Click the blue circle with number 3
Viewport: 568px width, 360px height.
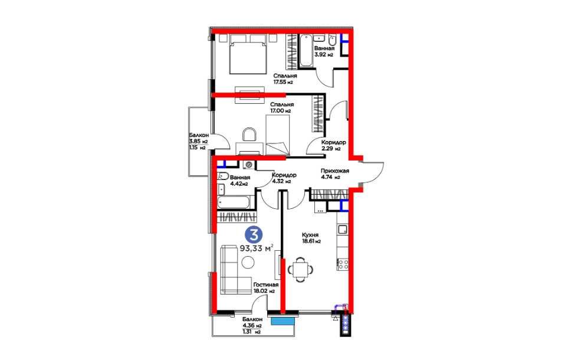(x=254, y=234)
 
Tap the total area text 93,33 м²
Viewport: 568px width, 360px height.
(x=257, y=248)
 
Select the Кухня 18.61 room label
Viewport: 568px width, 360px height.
(x=311, y=237)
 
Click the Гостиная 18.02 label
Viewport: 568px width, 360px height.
(x=265, y=287)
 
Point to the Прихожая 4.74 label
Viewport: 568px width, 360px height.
(x=334, y=174)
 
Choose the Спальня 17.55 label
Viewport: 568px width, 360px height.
(x=285, y=78)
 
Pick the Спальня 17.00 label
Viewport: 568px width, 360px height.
(x=282, y=107)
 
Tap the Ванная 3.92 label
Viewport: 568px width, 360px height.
(x=324, y=51)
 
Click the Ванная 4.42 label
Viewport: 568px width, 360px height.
(x=239, y=181)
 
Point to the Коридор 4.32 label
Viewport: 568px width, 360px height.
(x=284, y=178)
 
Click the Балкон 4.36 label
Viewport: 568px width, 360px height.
(x=252, y=325)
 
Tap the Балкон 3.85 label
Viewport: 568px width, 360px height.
(x=198, y=141)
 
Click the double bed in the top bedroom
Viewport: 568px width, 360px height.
(x=248, y=54)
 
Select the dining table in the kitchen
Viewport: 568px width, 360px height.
(x=300, y=269)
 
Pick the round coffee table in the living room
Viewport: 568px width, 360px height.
(x=248, y=262)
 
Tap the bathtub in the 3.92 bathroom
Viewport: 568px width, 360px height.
(x=306, y=50)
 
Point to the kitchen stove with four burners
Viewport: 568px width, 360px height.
(x=343, y=264)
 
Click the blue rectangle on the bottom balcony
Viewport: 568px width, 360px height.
(x=283, y=321)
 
